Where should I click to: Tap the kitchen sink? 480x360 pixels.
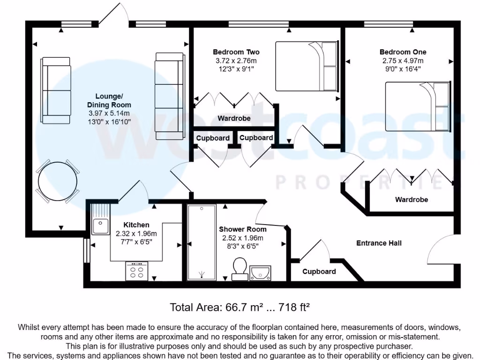100,226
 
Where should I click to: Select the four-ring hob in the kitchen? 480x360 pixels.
137,271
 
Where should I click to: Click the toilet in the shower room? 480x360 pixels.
240,269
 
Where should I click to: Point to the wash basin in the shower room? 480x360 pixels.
260,272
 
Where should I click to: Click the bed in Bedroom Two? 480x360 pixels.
307,66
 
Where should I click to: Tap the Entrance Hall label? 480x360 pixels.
379,243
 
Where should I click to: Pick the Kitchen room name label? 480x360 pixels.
136,225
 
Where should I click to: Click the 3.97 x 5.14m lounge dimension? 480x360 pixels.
109,113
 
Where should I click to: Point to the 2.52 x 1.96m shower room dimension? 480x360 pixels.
243,238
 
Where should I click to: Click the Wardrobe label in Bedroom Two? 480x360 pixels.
234,119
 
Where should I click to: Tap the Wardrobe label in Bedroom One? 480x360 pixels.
412,200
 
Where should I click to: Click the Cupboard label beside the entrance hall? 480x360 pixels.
319,271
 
